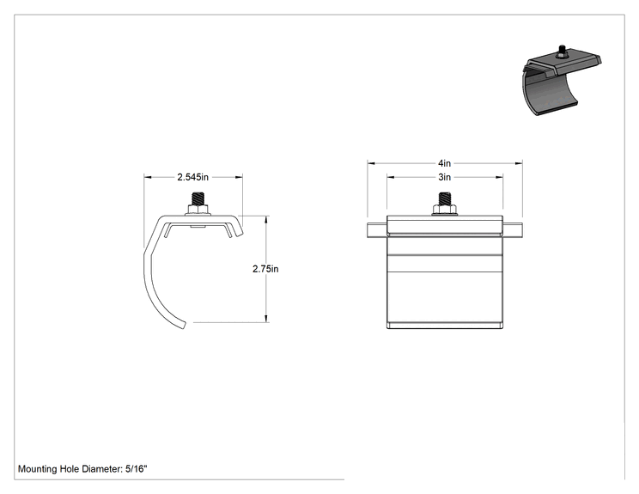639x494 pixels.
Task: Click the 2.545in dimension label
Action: (x=192, y=177)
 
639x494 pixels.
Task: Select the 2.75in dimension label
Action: (x=265, y=269)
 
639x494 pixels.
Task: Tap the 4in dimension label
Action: (x=444, y=163)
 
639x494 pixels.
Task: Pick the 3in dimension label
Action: (x=444, y=177)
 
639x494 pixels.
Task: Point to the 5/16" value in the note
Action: (x=136, y=469)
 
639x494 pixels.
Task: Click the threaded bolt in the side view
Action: (x=198, y=198)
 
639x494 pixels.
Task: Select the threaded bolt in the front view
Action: (x=444, y=198)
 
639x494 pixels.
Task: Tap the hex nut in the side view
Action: (x=198, y=210)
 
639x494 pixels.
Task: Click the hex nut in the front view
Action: (x=444, y=210)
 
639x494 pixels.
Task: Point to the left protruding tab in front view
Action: (x=377, y=230)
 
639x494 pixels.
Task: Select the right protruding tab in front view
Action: (x=512, y=230)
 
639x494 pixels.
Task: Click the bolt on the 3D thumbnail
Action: (x=563, y=51)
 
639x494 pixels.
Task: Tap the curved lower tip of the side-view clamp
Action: (x=184, y=325)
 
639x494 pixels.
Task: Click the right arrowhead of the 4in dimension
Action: (x=519, y=163)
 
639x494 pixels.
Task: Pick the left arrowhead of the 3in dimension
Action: (x=391, y=177)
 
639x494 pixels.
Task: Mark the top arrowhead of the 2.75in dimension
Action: (x=266, y=220)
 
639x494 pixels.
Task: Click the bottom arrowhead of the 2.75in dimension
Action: (x=266, y=319)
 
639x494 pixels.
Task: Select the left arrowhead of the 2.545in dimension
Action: (x=148, y=177)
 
